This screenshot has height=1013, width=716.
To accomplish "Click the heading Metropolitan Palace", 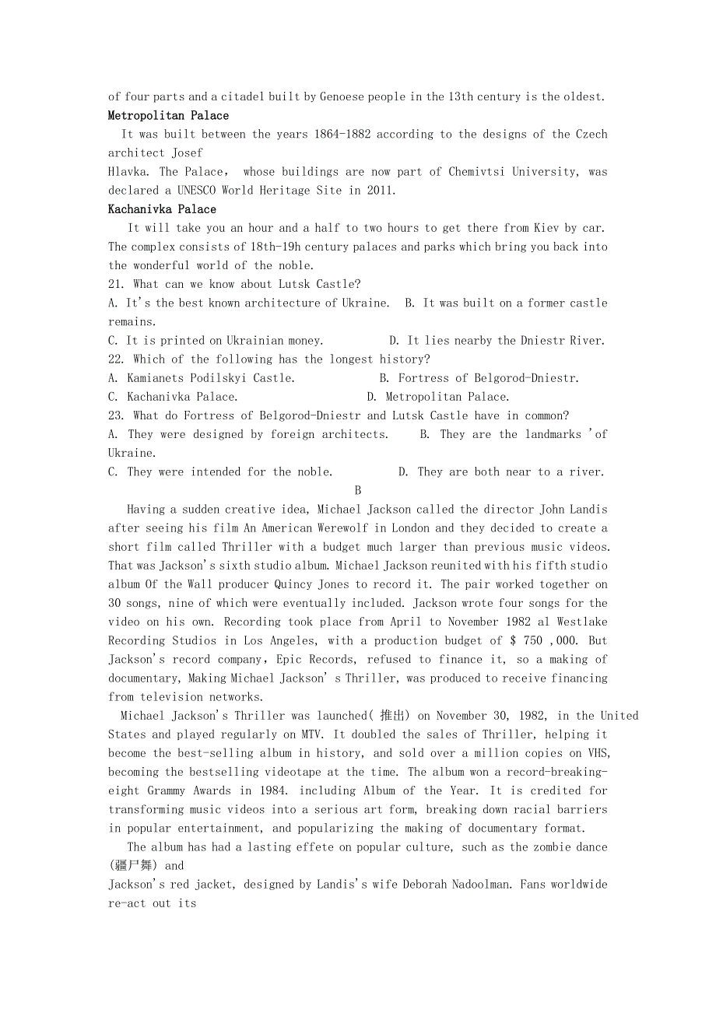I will click(168, 116).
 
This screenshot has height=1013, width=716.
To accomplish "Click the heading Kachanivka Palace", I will click(162, 209).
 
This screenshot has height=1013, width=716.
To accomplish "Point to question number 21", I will click(118, 284).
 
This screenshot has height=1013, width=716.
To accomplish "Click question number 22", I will click(118, 359).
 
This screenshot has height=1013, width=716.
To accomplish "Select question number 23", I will click(118, 415).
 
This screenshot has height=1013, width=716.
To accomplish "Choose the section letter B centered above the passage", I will click(358, 490).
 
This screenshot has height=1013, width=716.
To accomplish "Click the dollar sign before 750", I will click(514, 640).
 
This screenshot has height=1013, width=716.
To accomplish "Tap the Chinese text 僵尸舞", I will click(135, 865).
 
